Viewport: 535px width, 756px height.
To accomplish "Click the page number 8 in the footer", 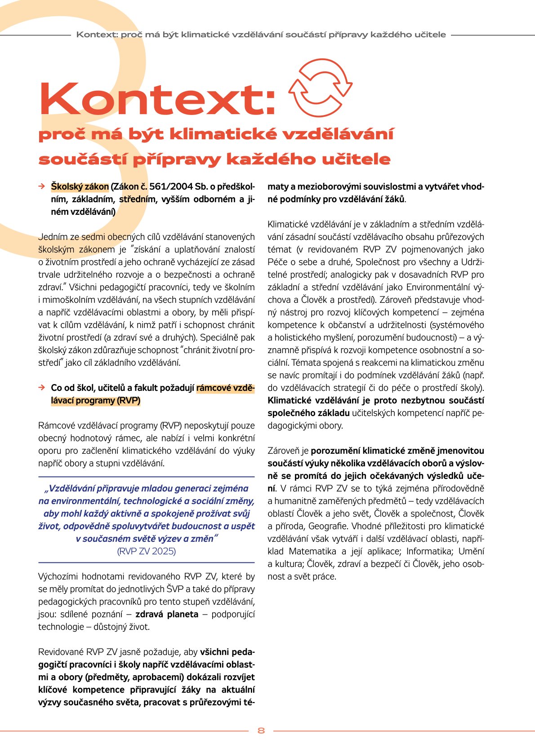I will point(261,731).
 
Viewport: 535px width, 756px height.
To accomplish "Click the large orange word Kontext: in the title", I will point(157,99).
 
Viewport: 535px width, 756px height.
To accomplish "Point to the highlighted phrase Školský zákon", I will point(80,186).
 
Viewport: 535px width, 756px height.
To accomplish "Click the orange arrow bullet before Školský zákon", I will point(41,186).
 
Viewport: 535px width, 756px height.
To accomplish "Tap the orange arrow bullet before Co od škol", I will point(41,388).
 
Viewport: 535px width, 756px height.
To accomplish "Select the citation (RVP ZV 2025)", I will point(146,551).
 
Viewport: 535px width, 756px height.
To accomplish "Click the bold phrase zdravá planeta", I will point(167,614).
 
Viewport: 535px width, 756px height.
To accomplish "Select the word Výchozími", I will point(60,576).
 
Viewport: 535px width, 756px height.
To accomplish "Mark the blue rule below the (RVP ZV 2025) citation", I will point(146,562).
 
